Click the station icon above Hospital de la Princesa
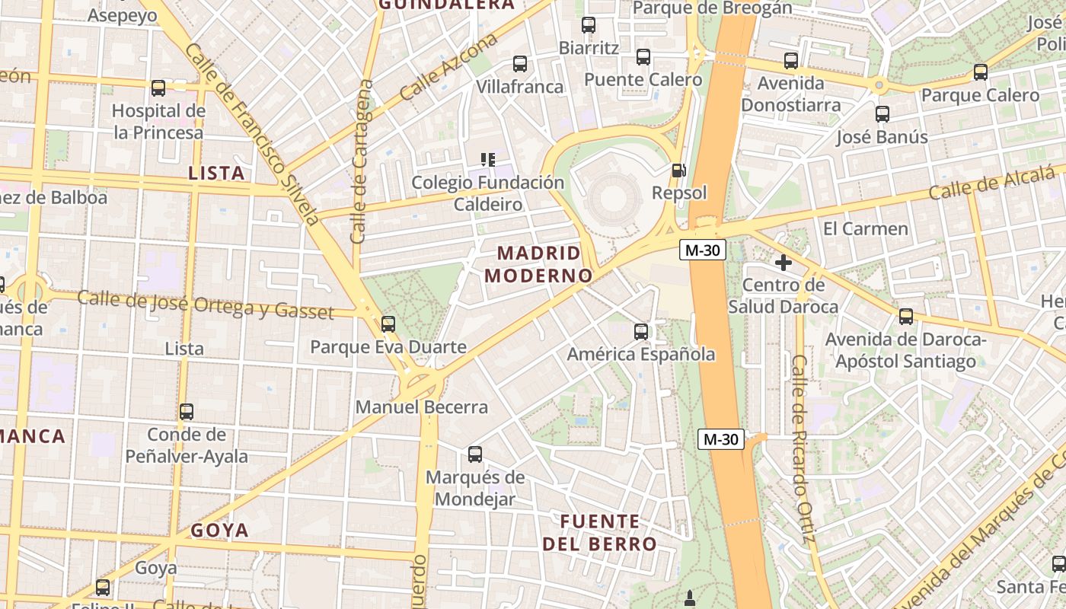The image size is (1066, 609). point(158,88)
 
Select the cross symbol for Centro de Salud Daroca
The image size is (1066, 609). point(783,263)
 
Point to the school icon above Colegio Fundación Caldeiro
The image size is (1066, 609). point(488,160)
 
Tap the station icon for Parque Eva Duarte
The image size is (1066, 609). point(388,324)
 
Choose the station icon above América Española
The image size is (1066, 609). point(641,332)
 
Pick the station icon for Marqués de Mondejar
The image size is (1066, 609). point(475,454)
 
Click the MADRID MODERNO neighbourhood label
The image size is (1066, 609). point(538,264)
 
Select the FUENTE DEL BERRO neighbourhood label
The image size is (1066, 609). point(599,533)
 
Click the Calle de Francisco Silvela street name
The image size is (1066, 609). point(251,133)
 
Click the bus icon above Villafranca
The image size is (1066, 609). point(520,64)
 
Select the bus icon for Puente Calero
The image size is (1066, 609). point(643,57)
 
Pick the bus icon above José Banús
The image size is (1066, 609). point(882,114)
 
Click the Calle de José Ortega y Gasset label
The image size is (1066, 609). point(206,304)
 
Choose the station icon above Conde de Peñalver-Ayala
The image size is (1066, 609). point(187,412)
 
